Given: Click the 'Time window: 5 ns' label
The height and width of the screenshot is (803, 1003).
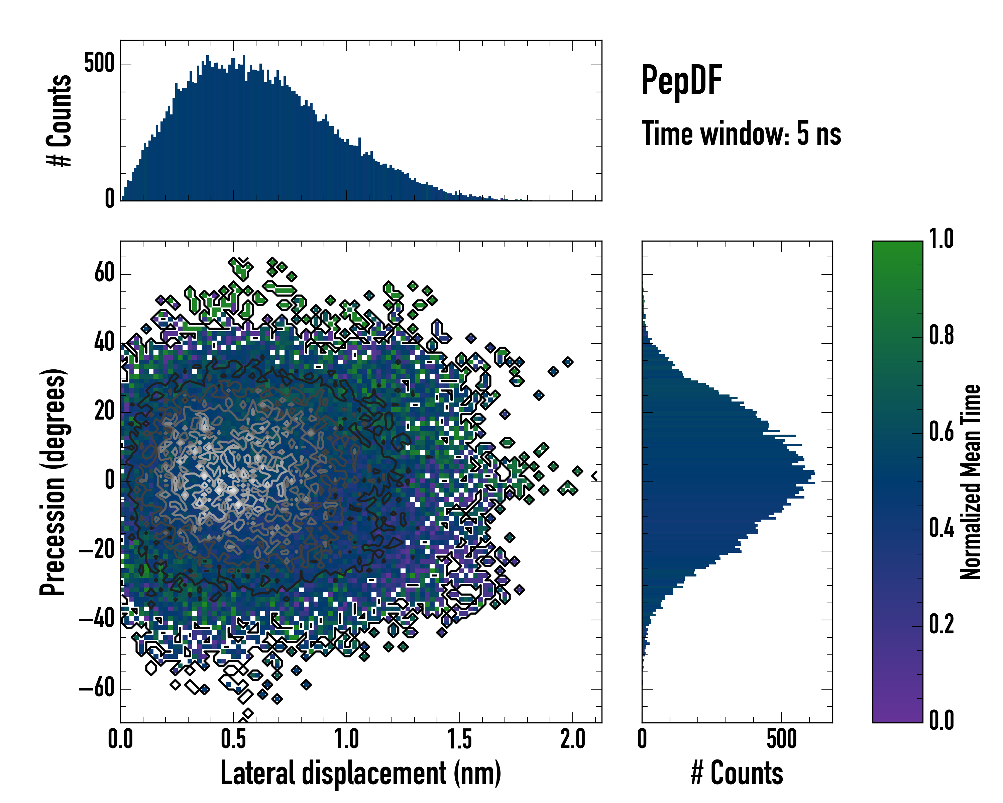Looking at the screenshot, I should (741, 133).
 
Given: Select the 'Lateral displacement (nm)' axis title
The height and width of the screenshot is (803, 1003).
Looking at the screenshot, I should (360, 773).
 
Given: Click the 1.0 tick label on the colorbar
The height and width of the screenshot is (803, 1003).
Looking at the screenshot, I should (941, 239).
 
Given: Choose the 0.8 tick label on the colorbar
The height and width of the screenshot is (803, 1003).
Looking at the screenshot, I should (941, 335).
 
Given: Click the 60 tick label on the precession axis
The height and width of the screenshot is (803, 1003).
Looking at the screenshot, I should (105, 273).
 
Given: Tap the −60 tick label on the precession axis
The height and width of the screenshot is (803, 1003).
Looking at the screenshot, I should (96, 688).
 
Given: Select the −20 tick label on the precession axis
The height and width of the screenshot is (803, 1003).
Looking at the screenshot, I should (96, 550).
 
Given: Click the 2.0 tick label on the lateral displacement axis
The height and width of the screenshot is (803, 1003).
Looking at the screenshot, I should (573, 739).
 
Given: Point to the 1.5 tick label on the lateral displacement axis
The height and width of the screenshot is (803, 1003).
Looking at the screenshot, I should (460, 739).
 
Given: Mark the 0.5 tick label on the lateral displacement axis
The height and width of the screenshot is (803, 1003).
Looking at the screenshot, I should (234, 739).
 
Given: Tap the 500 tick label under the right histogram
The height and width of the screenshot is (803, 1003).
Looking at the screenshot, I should (782, 739).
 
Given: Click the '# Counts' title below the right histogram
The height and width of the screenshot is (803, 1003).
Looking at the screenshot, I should (737, 773).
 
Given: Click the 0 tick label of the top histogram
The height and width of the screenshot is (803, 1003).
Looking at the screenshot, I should (110, 199).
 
